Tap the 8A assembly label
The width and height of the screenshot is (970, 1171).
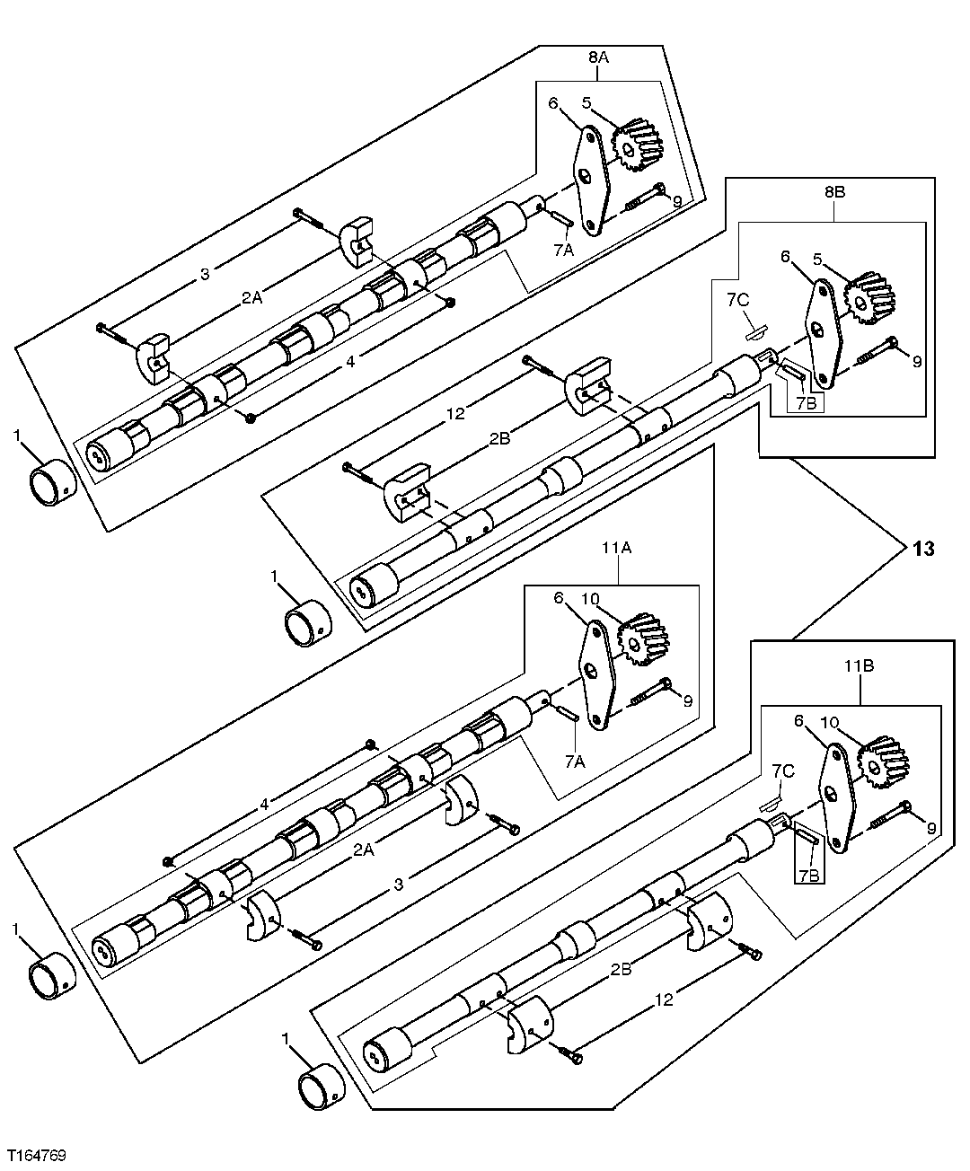pos(599,57)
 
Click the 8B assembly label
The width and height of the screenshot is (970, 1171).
pos(834,192)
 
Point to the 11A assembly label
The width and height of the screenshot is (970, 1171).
pos(619,568)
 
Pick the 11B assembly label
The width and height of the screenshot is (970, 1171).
pos(860,667)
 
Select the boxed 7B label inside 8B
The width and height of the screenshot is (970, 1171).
pos(806,402)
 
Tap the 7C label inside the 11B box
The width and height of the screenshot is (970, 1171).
pos(782,770)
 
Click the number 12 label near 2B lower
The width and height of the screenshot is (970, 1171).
pos(665,999)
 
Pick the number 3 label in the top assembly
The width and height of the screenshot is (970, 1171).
pos(205,274)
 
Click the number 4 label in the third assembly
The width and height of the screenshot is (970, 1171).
pos(264,806)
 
